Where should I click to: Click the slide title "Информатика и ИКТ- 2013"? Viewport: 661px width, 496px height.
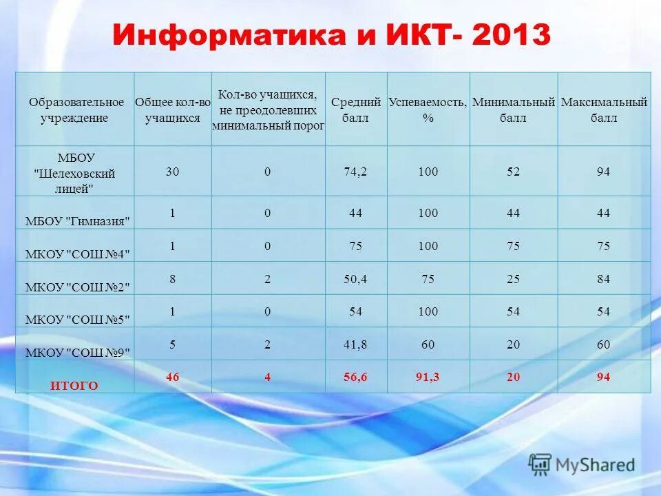331,35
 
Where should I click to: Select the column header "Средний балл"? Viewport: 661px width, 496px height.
356,110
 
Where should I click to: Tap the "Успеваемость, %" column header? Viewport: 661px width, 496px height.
428,110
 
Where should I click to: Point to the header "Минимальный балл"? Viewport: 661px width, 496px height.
514,110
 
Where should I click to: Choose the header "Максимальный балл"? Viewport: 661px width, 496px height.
604,110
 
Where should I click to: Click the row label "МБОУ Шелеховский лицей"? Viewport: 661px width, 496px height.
75,173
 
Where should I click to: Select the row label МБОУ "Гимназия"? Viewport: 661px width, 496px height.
78,220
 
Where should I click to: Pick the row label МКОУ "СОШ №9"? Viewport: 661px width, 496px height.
78,352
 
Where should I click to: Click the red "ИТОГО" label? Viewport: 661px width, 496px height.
74,386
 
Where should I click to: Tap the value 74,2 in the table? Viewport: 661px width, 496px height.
355,172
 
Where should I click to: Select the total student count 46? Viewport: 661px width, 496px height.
172,377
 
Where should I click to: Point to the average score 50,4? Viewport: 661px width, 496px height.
355,279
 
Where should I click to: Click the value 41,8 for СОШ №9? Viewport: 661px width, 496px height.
355,344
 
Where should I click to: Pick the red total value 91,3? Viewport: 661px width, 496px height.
428,377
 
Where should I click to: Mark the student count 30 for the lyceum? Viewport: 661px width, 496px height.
172,172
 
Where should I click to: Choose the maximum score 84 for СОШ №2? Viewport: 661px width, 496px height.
604,279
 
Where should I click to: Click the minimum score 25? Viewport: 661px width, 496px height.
514,279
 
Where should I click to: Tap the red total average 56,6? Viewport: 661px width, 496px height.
355,377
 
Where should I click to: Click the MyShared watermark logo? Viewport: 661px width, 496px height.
582,465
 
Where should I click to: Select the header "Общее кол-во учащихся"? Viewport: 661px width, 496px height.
172,110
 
